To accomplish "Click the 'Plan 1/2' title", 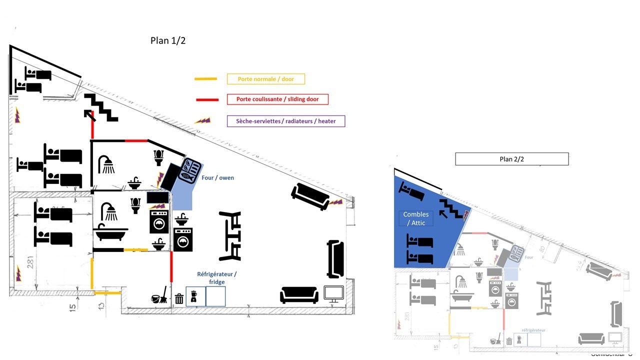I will click(x=168, y=41).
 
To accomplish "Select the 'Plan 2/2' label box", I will click(x=511, y=159).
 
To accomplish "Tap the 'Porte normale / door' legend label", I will click(x=265, y=79).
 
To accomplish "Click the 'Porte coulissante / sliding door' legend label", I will click(x=277, y=99).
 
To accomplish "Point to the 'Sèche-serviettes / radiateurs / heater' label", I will click(x=285, y=121).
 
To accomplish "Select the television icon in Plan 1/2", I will click(x=333, y=293).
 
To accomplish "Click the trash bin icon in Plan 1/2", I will click(x=179, y=299).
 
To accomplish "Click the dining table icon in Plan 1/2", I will click(x=230, y=236).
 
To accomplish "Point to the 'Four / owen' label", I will click(x=217, y=177).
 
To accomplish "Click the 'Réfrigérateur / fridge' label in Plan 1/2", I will click(x=216, y=278).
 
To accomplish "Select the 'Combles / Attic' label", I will click(x=416, y=218).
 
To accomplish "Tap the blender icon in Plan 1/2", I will click(x=193, y=297).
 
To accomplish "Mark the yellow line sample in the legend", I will click(x=205, y=79).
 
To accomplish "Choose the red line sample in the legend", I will click(x=207, y=99).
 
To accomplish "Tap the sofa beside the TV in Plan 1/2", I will click(x=299, y=294).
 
